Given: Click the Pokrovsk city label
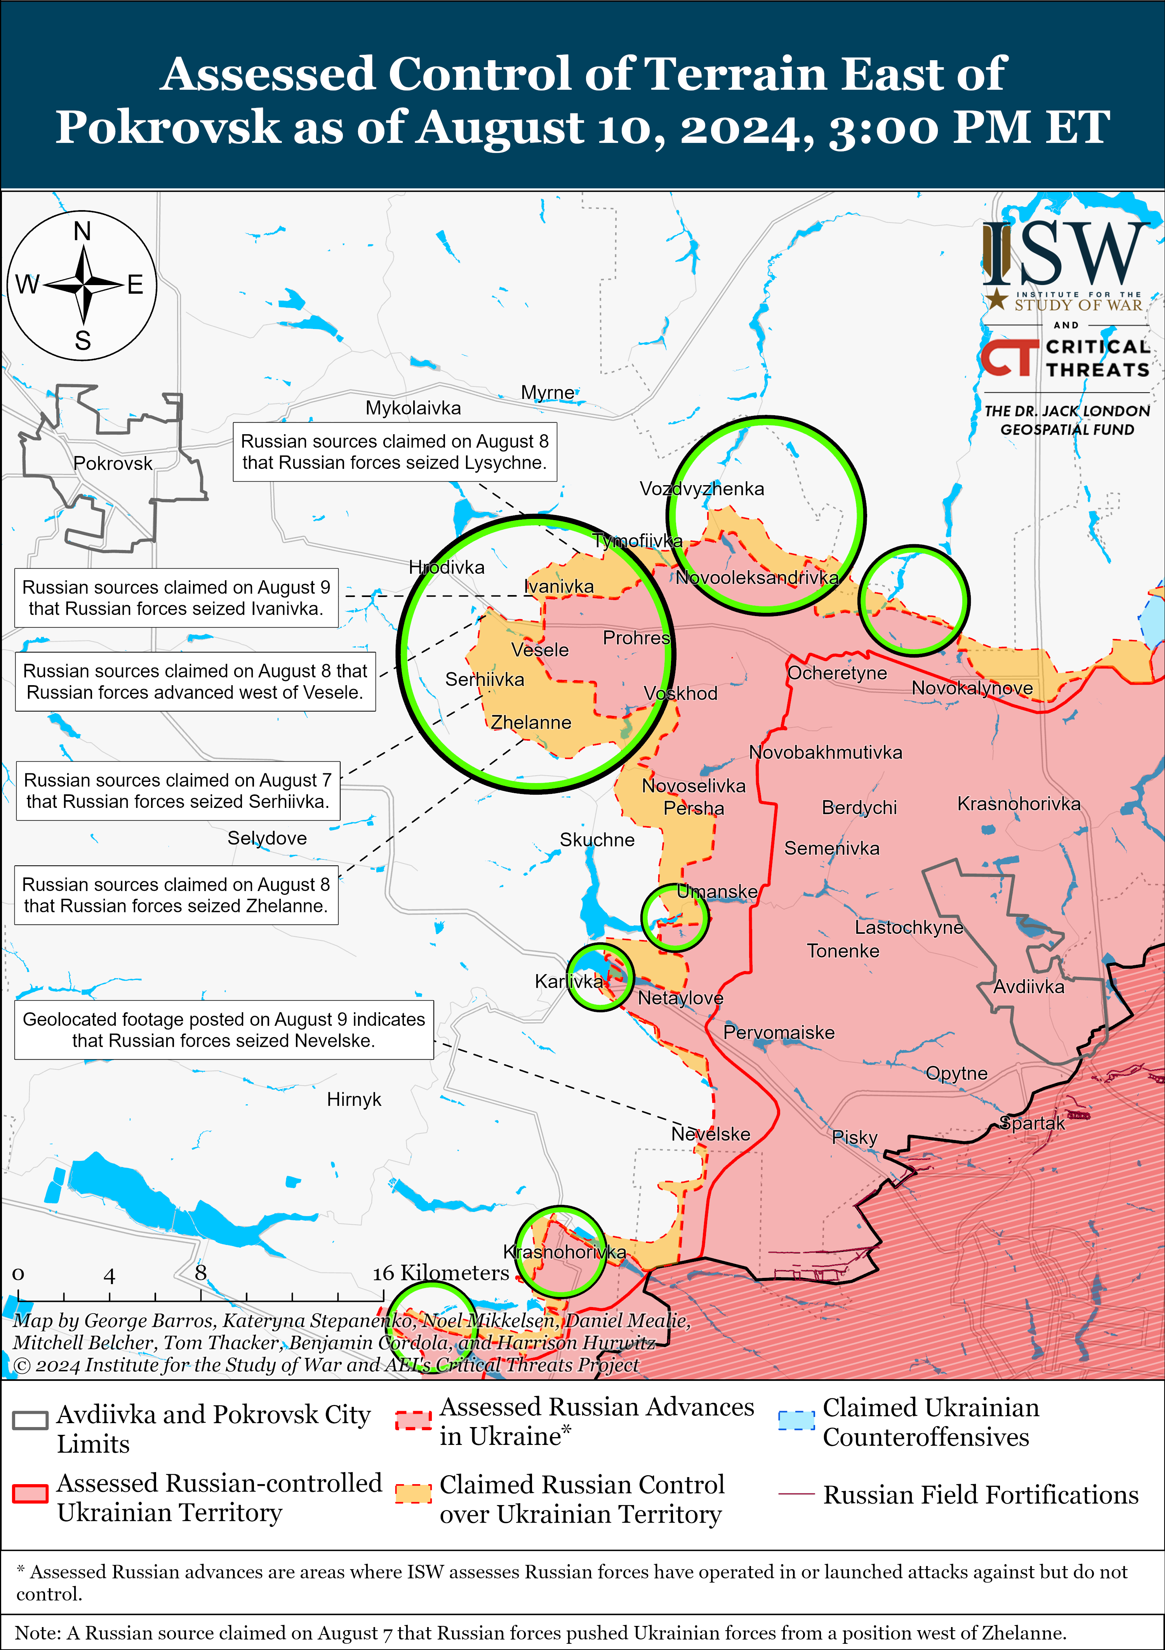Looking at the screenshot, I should point(113,463).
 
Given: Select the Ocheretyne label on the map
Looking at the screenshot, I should point(837,674).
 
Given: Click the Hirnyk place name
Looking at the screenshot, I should point(354,1100).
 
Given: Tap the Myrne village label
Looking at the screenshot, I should point(548,392).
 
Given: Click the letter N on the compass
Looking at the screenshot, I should point(83,231).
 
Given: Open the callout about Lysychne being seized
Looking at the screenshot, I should point(395,452).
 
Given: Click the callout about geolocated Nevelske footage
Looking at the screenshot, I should point(224,1030).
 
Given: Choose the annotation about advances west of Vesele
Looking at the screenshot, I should point(195,681).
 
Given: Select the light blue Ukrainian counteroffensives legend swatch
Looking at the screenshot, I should point(796,1420).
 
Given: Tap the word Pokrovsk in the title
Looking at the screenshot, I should point(167,127).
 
